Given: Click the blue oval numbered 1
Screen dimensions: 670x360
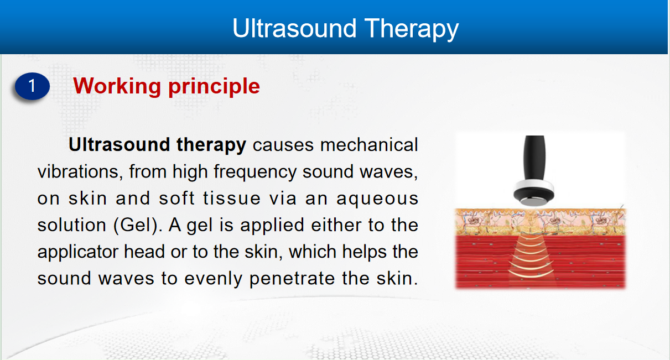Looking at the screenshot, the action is pyautogui.click(x=32, y=86).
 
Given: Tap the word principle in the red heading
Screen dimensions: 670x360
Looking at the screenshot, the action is pyautogui.click(x=214, y=87).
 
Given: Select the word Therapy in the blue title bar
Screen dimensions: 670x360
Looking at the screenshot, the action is pyautogui.click(x=412, y=29).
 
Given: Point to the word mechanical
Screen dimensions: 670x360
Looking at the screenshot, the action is pyautogui.click(x=369, y=145).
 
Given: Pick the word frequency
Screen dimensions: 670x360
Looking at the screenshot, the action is pyautogui.click(x=255, y=173).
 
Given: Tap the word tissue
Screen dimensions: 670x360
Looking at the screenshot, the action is pyautogui.click(x=232, y=199).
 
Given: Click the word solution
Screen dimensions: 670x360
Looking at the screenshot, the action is pyautogui.click(x=72, y=225).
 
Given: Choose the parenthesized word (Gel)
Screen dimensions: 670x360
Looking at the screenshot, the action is pyautogui.click(x=138, y=226).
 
